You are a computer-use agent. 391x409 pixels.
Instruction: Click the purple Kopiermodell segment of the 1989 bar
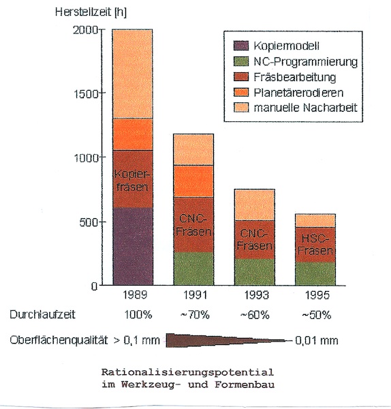tap(133, 246)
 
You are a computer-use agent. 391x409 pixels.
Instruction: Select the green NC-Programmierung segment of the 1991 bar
tap(193, 269)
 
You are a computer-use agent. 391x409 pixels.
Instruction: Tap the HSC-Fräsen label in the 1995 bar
tap(315, 245)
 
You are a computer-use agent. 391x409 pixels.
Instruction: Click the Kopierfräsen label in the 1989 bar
tap(132, 181)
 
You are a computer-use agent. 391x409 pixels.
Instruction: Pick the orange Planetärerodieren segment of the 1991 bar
tap(193, 181)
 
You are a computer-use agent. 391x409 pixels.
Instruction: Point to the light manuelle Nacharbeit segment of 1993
tap(254, 204)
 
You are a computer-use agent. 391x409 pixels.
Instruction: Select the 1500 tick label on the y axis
tap(86, 93)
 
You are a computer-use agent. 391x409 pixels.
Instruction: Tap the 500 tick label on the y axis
tap(88, 222)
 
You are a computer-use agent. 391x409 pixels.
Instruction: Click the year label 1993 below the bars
tap(256, 295)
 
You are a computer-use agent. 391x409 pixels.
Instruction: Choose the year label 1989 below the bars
tap(135, 294)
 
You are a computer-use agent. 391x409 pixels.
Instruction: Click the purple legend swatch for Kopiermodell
tap(241, 46)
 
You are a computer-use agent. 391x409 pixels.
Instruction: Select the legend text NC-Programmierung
tap(305, 62)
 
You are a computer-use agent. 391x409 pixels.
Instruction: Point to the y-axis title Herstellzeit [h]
tap(91, 12)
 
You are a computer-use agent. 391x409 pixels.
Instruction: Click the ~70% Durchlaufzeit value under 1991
tap(195, 315)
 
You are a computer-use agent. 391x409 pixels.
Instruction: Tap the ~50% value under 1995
tap(317, 315)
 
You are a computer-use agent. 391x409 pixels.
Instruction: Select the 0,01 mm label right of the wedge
tap(317, 341)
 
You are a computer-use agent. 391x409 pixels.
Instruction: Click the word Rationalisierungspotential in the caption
tap(188, 372)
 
